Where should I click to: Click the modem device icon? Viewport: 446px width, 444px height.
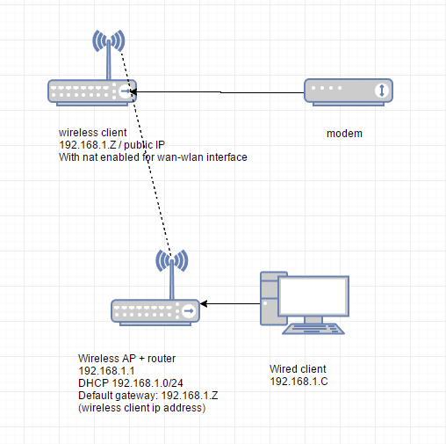point(349,92)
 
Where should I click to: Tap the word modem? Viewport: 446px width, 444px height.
point(344,134)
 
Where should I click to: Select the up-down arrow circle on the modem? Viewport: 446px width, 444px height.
point(382,91)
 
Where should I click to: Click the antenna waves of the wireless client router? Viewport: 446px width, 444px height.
point(109,41)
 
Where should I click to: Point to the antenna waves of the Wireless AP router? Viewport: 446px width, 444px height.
point(172,260)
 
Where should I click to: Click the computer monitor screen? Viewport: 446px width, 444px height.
point(313,296)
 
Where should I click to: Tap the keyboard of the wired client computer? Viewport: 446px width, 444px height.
point(313,329)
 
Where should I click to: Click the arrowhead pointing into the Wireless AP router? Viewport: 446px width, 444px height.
point(204,303)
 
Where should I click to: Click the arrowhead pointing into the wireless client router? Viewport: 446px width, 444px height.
point(133,91)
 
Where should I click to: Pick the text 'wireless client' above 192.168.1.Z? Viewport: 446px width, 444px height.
point(93,133)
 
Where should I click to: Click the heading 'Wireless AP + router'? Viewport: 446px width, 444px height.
point(126,359)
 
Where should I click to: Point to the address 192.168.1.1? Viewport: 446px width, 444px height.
point(106,371)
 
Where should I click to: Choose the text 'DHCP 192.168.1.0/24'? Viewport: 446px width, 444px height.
point(131,383)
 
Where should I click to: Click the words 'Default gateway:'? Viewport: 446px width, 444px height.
point(119,396)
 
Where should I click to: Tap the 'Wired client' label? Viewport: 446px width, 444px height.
point(298,369)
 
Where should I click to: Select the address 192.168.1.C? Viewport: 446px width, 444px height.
point(299,382)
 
